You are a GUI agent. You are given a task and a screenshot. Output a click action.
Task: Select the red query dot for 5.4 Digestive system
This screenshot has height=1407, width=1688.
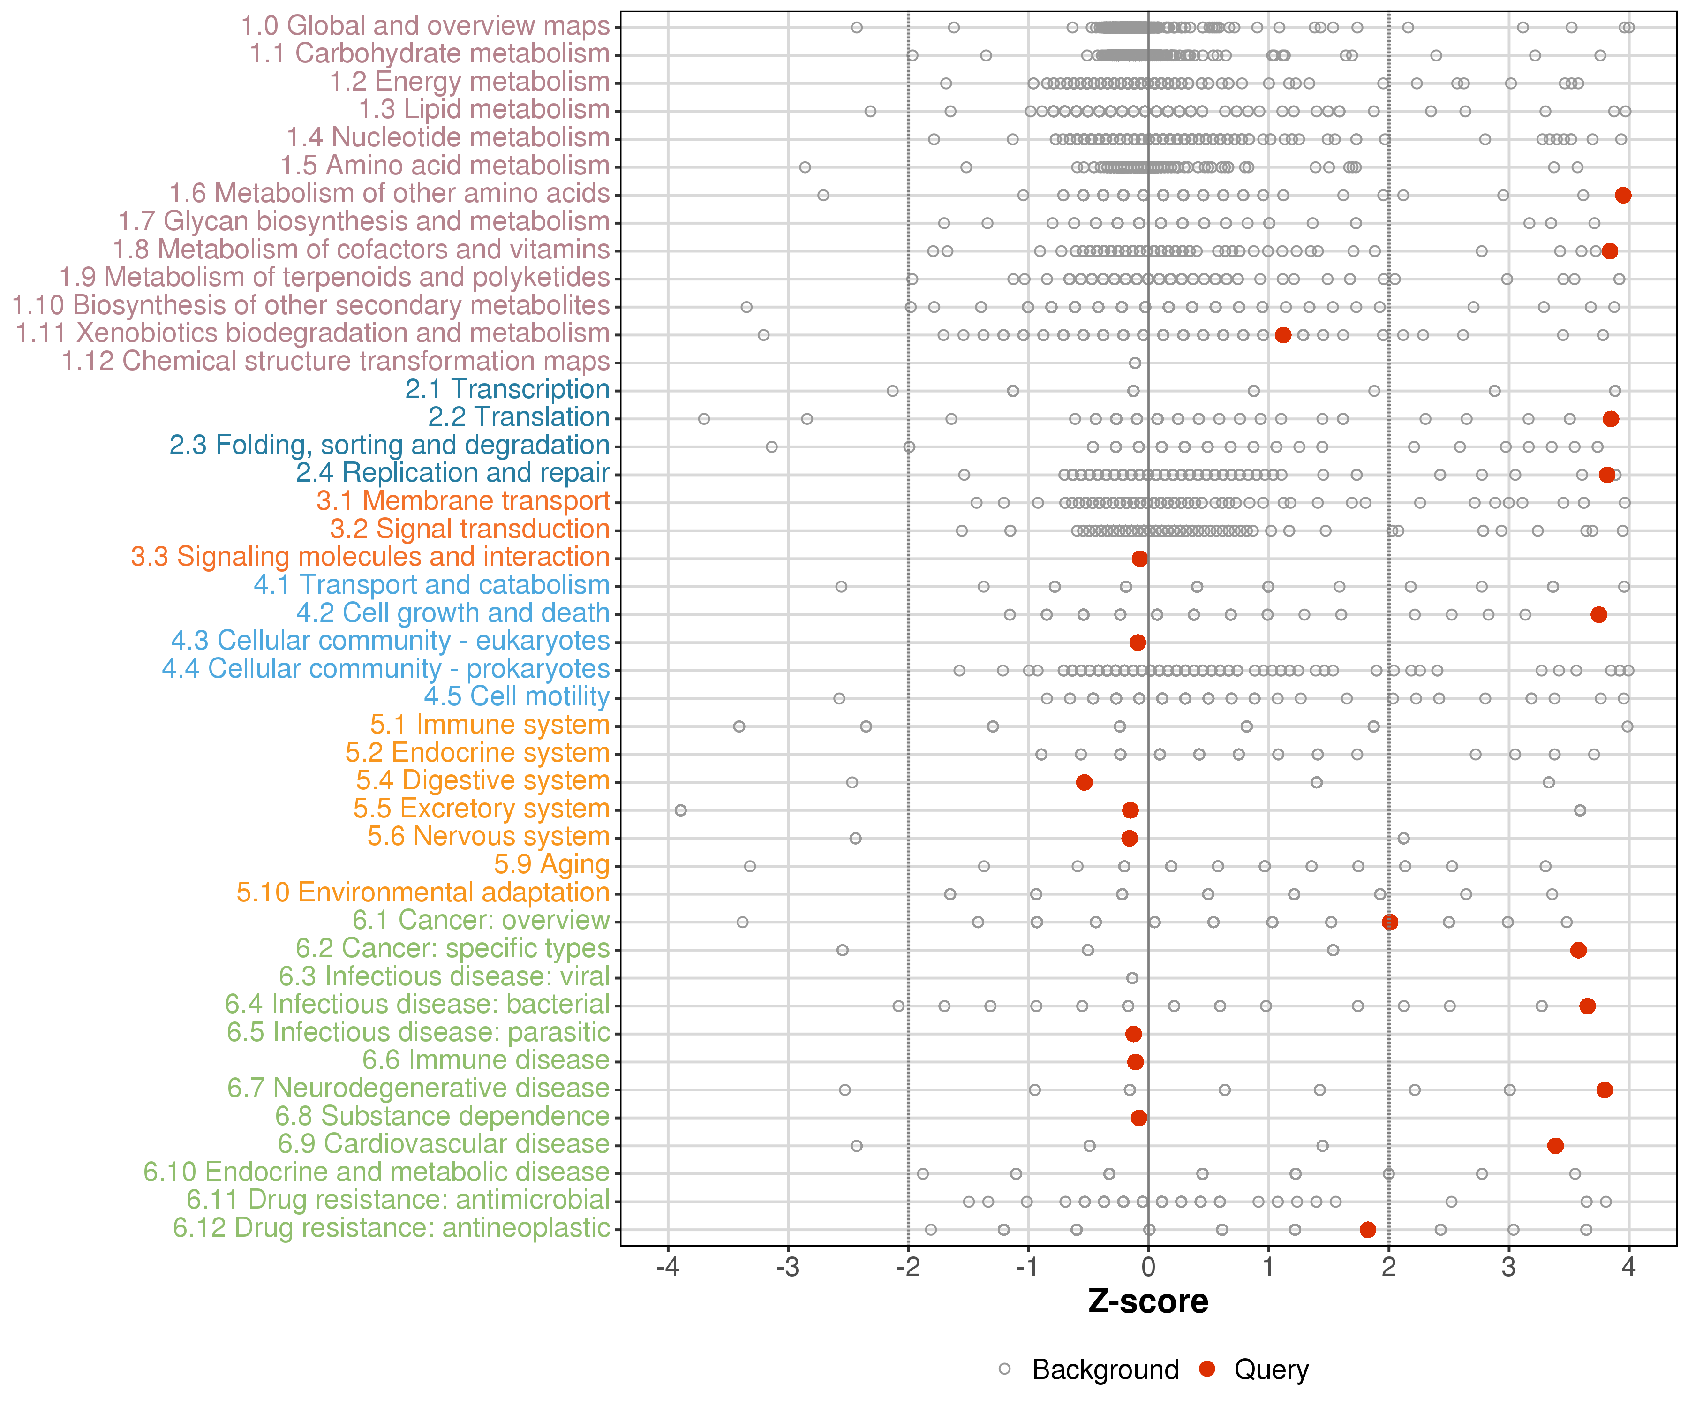[x=1085, y=782]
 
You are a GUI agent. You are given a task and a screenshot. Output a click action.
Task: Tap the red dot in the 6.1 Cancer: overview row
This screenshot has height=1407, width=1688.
[x=1390, y=922]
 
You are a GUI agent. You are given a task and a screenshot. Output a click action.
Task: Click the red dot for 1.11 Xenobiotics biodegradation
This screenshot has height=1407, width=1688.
[x=1283, y=334]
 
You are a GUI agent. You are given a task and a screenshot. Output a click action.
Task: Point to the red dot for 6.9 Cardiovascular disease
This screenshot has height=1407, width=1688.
[x=1555, y=1146]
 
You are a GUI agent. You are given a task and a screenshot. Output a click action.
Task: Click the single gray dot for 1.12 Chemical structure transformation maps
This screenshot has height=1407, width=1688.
[x=1135, y=363]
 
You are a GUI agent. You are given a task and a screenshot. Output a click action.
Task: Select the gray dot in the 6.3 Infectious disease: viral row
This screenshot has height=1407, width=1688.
[x=1132, y=978]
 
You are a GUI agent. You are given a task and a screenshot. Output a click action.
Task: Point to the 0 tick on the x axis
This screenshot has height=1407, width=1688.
[x=1149, y=1268]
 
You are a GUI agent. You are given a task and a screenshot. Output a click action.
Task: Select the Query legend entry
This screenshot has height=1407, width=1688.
[x=1254, y=1369]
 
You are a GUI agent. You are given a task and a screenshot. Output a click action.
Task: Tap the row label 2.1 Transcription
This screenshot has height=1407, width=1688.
[x=507, y=389]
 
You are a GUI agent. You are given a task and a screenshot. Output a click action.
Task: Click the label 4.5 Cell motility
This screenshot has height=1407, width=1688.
[x=517, y=696]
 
